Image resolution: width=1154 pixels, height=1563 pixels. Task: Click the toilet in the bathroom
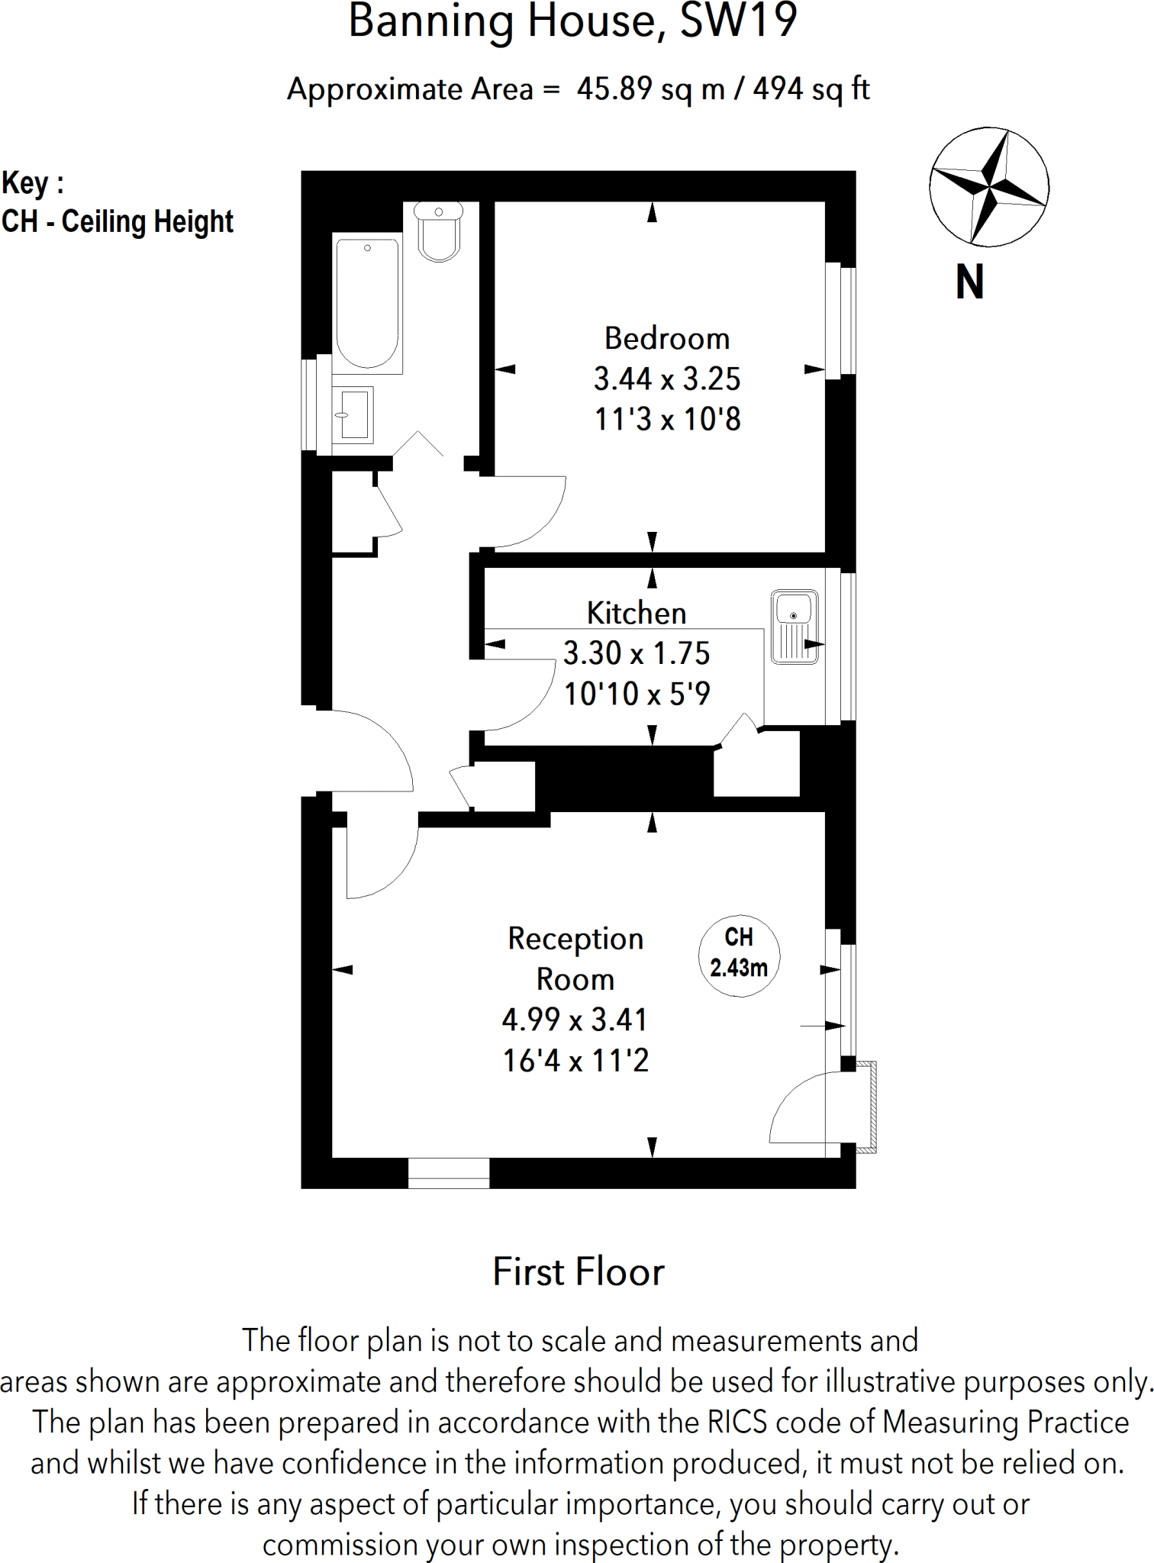tap(439, 232)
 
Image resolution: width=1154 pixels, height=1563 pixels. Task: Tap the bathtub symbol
tap(368, 304)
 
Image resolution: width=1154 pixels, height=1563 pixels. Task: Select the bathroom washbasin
tap(354, 415)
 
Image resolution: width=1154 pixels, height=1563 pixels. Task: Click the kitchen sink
tap(795, 627)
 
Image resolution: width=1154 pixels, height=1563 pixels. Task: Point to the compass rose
tap(988, 187)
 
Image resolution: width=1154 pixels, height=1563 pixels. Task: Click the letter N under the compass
tap(969, 282)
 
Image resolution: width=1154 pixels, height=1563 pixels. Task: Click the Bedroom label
tap(667, 339)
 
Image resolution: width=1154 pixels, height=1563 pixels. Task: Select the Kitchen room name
tap(637, 613)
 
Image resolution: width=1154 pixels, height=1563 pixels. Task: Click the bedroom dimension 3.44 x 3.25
tap(667, 379)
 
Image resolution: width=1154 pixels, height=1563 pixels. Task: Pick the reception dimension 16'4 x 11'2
tap(575, 1061)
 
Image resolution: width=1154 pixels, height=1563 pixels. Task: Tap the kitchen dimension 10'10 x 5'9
tap(637, 694)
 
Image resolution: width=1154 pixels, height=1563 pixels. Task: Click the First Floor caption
tap(578, 1272)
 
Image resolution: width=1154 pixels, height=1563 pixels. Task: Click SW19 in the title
tap(738, 21)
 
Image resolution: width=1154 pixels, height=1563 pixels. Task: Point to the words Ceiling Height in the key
tap(147, 222)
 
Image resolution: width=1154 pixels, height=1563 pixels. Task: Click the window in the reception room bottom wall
tap(449, 1173)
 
